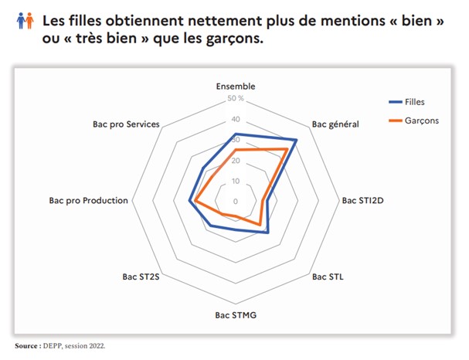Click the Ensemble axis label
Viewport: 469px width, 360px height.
(x=235, y=87)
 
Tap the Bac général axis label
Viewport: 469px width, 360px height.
(x=335, y=124)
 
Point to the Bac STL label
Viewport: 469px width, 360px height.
(x=328, y=276)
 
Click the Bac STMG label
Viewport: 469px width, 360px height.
(x=236, y=315)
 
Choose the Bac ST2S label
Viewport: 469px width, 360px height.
(x=141, y=276)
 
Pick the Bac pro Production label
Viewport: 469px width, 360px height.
(x=88, y=200)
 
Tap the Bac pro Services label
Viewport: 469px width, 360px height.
(x=125, y=124)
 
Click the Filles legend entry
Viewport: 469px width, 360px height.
(x=414, y=102)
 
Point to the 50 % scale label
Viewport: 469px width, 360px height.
(x=236, y=99)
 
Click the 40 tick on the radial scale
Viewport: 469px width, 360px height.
(x=235, y=120)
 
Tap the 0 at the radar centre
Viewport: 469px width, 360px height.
(x=236, y=202)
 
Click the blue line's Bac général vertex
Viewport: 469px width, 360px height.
(x=296, y=141)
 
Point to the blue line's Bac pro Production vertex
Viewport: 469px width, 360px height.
(x=189, y=202)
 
